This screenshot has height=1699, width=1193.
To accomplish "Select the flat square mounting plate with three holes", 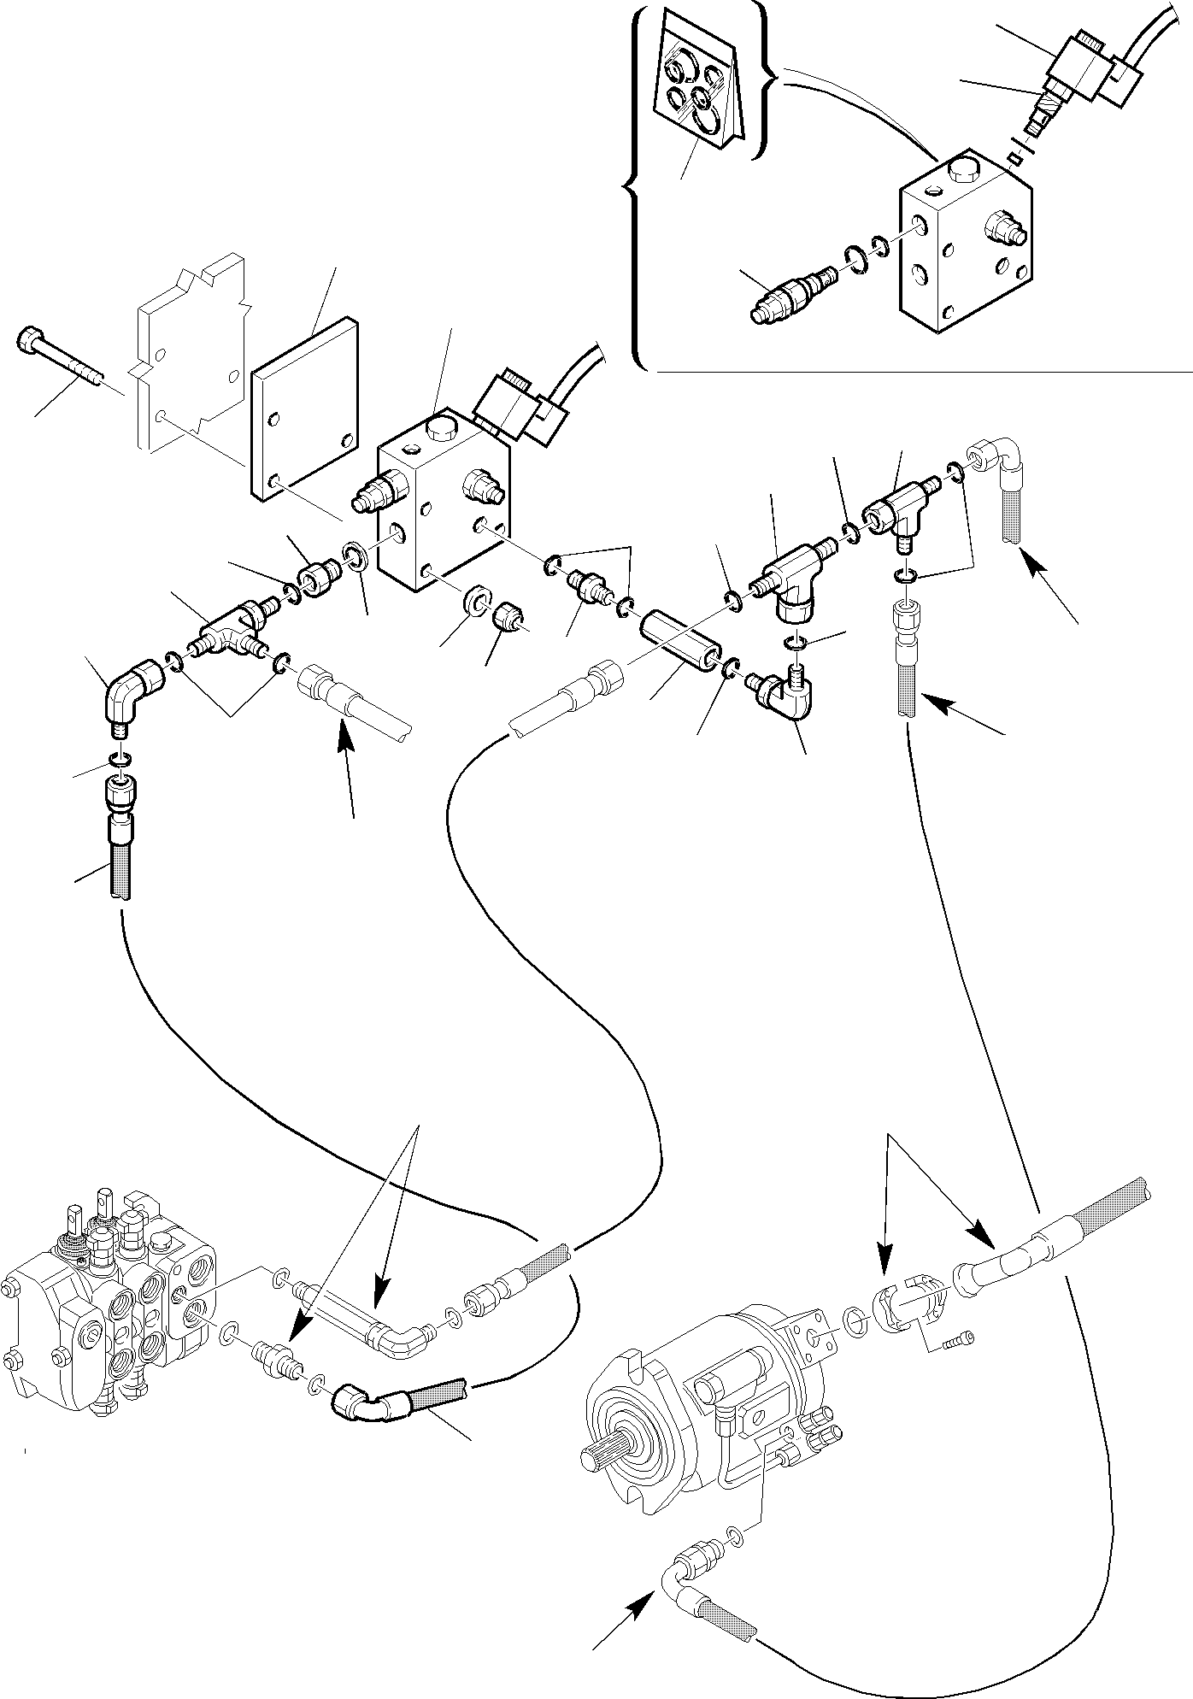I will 303,408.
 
